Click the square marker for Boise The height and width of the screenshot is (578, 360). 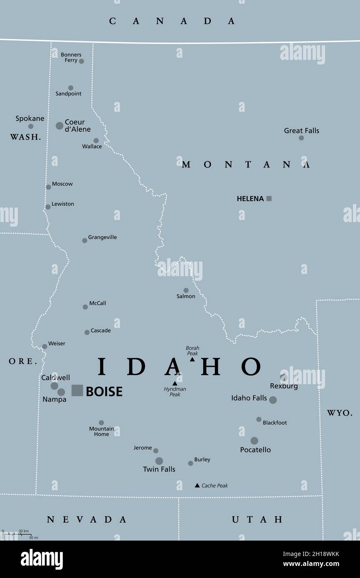77,390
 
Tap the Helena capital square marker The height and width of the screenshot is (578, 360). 269,199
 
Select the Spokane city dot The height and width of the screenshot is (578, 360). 31,126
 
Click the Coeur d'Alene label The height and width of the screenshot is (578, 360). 77,126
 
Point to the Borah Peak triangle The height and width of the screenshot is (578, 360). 192,359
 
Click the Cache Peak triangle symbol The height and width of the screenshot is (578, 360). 197,485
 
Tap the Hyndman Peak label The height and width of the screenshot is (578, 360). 175,392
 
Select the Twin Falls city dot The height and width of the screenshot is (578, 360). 159,461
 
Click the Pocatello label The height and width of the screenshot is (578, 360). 255,450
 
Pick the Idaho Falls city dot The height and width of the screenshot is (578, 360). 273,400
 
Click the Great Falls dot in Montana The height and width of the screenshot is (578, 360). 301,138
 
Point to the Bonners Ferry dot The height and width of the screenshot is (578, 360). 81,61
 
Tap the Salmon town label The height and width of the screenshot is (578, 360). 185,296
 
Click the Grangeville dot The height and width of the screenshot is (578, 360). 84,240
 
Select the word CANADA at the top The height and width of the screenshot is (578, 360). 172,21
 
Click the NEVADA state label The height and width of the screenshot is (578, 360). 86,519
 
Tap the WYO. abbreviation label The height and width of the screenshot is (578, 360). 339,413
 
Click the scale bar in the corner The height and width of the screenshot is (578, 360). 17,535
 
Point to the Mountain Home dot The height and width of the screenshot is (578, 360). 101,422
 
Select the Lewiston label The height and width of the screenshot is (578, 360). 63,204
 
